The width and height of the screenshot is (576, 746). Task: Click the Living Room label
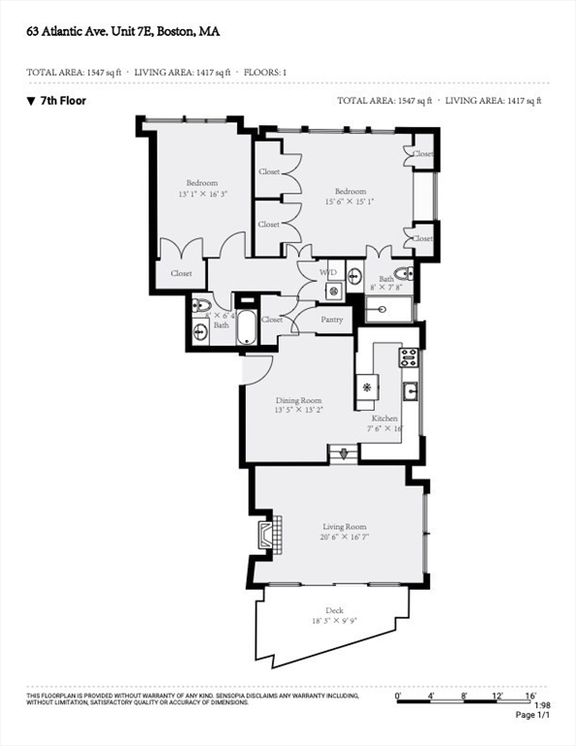tap(345, 526)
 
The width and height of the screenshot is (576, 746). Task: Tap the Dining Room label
tap(298, 399)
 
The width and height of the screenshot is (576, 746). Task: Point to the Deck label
tap(334, 610)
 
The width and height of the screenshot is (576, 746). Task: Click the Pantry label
tap(332, 319)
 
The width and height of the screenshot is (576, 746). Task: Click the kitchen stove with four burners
tap(409, 356)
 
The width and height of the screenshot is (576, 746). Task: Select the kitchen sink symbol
tap(410, 391)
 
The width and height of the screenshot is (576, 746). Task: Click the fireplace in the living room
tap(268, 535)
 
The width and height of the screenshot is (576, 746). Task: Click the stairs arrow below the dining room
tap(343, 453)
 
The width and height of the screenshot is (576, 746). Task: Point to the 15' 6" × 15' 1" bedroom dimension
tap(351, 202)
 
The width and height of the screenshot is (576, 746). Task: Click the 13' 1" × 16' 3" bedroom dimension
tap(202, 194)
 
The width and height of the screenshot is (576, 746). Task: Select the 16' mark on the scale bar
tap(530, 696)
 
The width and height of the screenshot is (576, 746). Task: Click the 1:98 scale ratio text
tap(543, 706)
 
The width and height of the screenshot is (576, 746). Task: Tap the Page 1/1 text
tap(532, 716)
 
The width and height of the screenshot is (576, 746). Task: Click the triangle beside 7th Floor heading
tap(31, 100)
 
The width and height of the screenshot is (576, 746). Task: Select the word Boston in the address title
tap(175, 31)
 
